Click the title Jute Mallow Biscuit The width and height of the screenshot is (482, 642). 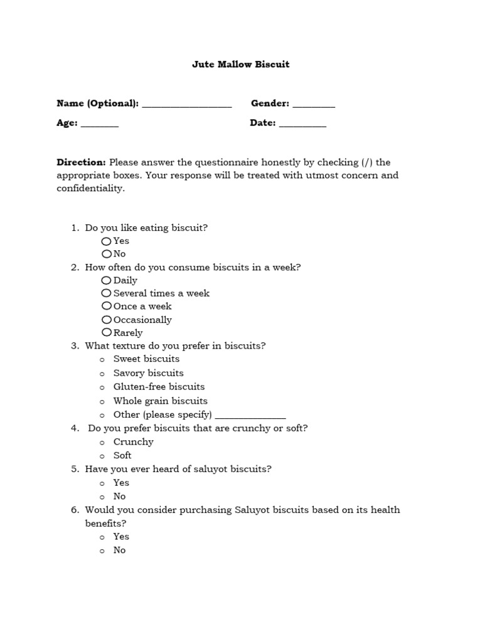[x=240, y=65]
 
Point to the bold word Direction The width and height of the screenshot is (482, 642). [x=81, y=162]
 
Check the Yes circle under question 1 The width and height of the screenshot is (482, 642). [x=106, y=241]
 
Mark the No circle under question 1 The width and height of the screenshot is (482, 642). [x=106, y=254]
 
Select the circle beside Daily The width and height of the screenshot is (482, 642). [x=106, y=280]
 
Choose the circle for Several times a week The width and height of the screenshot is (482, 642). [x=106, y=293]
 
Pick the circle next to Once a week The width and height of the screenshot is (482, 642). [x=106, y=306]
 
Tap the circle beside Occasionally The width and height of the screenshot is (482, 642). [x=106, y=320]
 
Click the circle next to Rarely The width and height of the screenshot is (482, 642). [x=106, y=332]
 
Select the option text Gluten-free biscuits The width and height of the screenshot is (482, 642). [x=159, y=387]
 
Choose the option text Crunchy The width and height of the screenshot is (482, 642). [x=133, y=442]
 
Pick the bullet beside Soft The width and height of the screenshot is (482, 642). [x=102, y=456]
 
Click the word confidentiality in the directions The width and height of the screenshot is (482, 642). [x=90, y=188]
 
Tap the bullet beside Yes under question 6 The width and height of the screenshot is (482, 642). [x=102, y=537]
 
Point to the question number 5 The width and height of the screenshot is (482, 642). [x=75, y=469]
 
